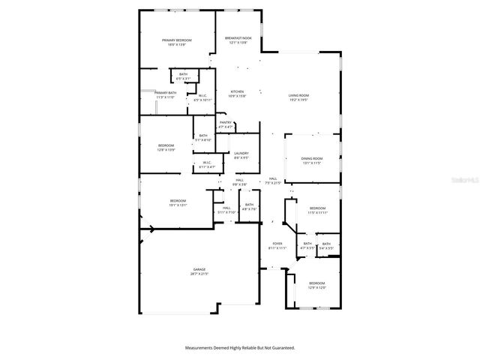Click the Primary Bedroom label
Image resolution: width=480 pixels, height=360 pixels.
[x=177, y=40]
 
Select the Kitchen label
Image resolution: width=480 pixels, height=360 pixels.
[x=237, y=91]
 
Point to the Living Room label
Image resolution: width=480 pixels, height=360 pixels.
[x=299, y=95]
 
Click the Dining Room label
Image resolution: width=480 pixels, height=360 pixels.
[x=311, y=158]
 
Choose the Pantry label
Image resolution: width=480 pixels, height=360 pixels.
[x=226, y=122]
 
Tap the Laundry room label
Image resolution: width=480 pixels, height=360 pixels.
[x=241, y=153]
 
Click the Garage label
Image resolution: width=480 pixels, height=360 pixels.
[x=199, y=269]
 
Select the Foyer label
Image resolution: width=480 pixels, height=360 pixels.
[x=277, y=244]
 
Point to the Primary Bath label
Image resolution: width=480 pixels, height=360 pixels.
[x=165, y=92]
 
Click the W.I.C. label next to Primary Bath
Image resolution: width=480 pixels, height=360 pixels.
[x=203, y=95]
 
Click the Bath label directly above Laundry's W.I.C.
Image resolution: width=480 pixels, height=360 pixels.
[x=203, y=136]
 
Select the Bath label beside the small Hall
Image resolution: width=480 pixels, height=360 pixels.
[x=249, y=205]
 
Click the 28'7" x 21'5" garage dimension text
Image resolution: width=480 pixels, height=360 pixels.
[x=199, y=274]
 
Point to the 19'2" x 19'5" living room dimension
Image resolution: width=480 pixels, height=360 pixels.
[x=299, y=100]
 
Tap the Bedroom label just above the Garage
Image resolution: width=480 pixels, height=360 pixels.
[x=178, y=200]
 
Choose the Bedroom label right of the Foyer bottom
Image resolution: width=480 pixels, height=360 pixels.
[x=317, y=283]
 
